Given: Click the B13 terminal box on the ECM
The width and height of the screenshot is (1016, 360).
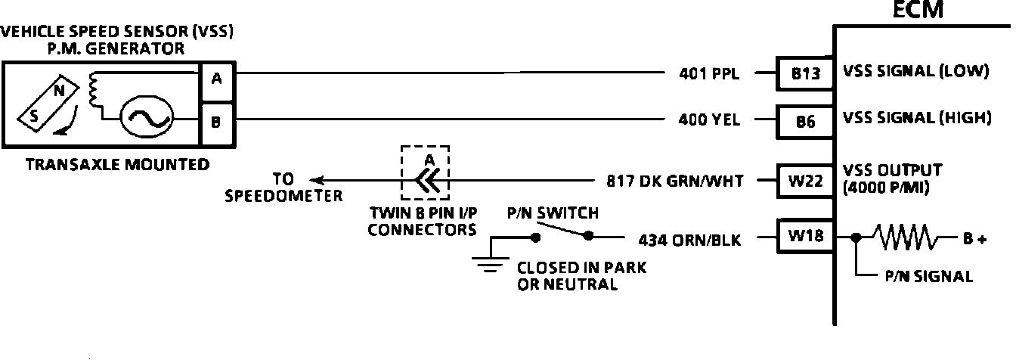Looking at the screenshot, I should coord(806,74).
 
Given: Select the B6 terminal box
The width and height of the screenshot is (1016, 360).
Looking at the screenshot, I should coord(806,119).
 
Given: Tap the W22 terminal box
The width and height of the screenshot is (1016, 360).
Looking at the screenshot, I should coord(806,182).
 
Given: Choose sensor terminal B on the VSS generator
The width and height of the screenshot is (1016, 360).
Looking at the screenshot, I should coord(217,121).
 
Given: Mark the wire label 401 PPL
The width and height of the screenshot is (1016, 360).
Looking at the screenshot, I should coord(709,74).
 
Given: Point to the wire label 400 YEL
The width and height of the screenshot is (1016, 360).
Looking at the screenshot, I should coord(710,119).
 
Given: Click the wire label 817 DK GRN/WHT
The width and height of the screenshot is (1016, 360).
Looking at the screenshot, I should coord(675,182).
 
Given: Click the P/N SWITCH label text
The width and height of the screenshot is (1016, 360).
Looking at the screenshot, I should coord(553,214).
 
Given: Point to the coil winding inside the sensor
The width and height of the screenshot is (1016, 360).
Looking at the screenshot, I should coord(94,89).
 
